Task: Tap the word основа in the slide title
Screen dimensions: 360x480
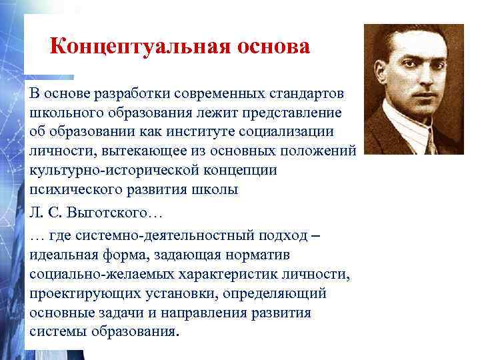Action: pos(271,47)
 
